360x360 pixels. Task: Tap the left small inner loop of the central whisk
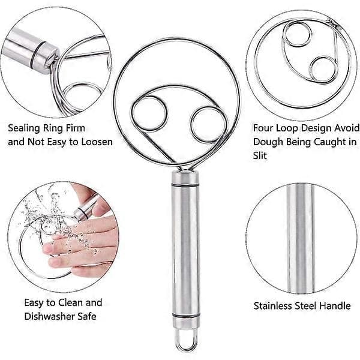tap(133, 114)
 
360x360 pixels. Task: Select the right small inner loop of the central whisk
tap(192, 125)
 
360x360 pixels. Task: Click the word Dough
tap(267, 142)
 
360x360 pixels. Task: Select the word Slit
tap(260, 155)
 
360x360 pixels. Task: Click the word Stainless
tap(272, 306)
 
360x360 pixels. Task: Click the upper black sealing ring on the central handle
tap(185, 185)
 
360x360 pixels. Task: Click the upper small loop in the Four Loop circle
tap(284, 34)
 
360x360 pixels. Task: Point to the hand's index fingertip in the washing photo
tap(47, 248)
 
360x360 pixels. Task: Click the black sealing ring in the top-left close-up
tap(35, 56)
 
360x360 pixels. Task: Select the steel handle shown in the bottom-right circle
tap(301, 239)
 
